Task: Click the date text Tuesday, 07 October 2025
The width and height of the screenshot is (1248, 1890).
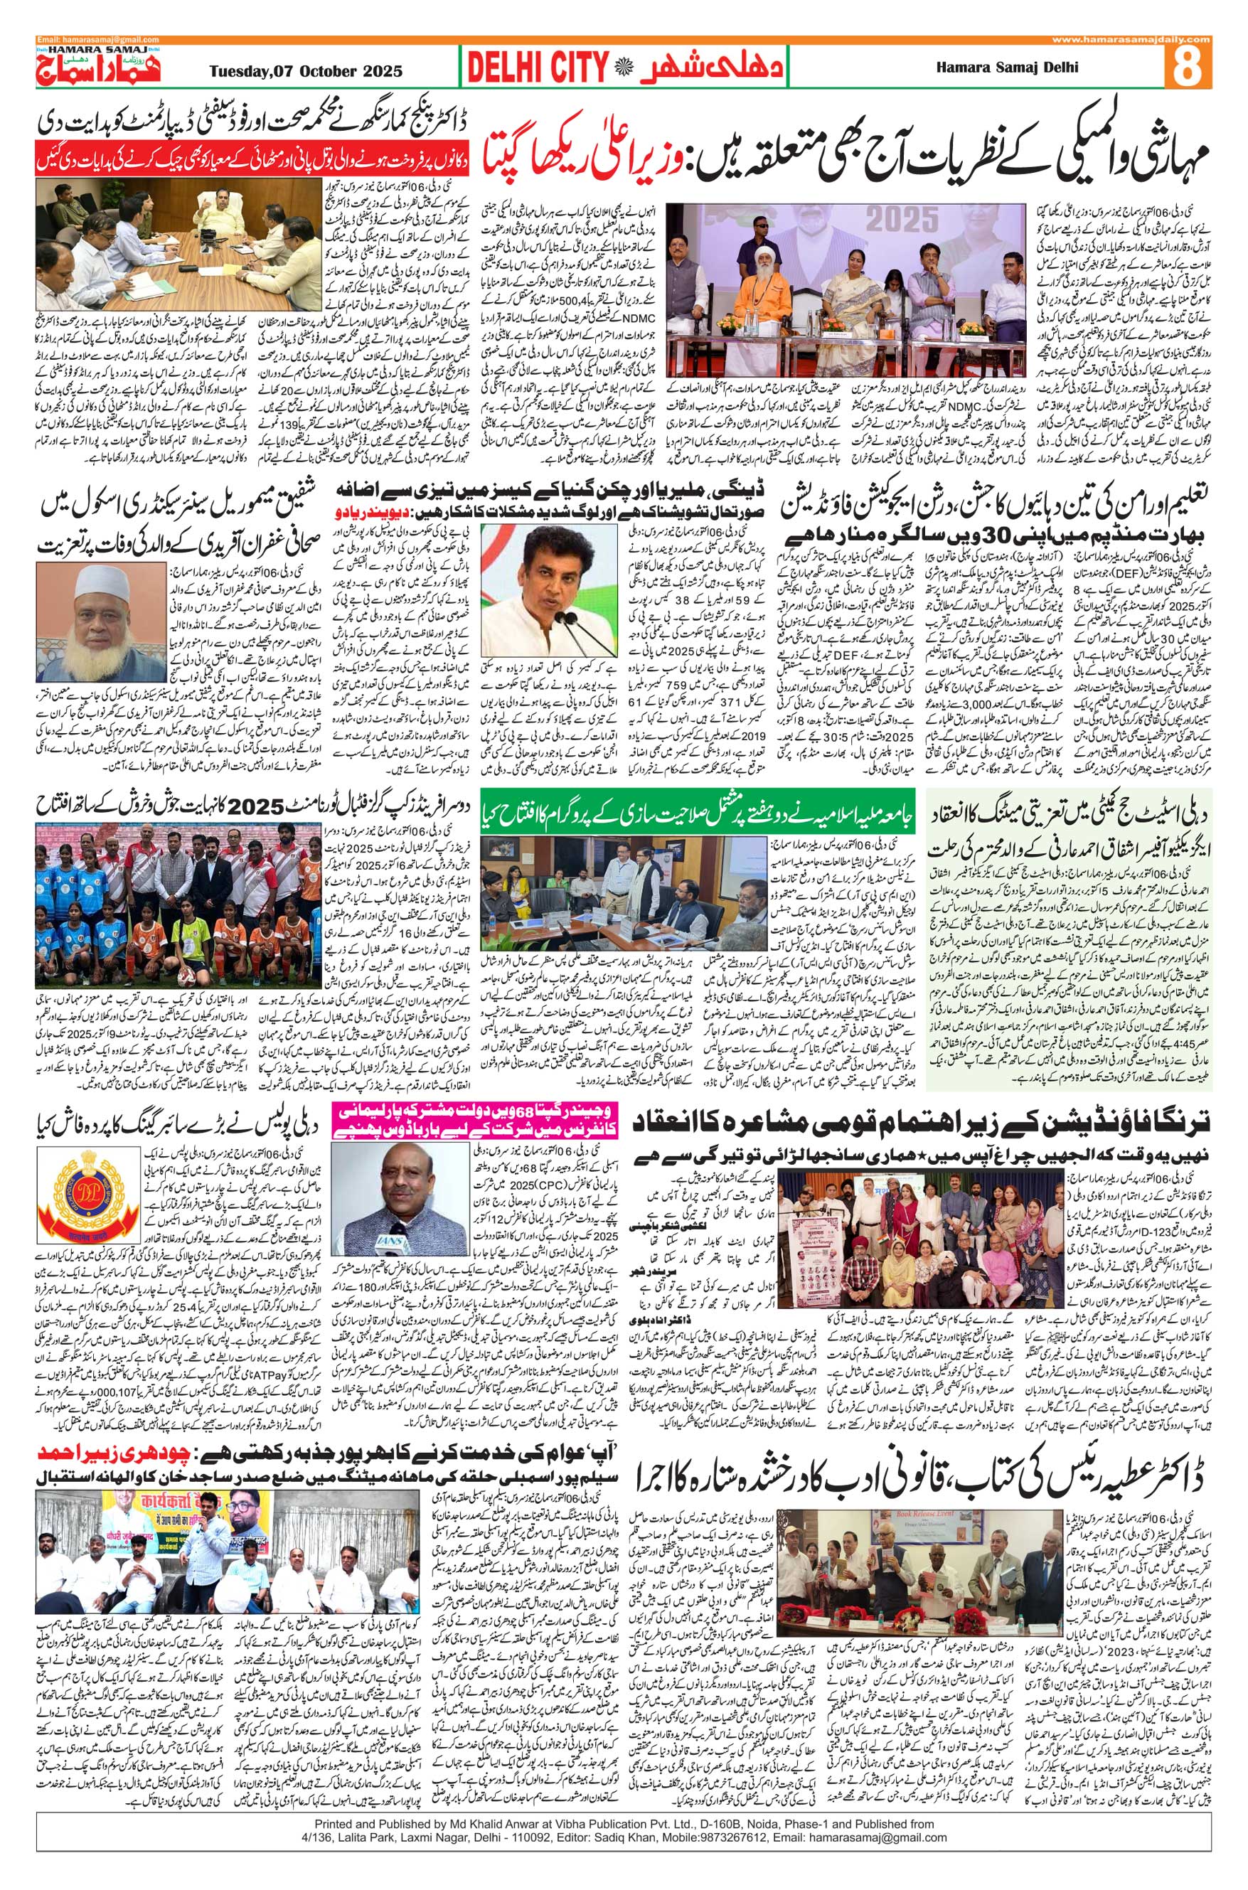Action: tap(306, 70)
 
